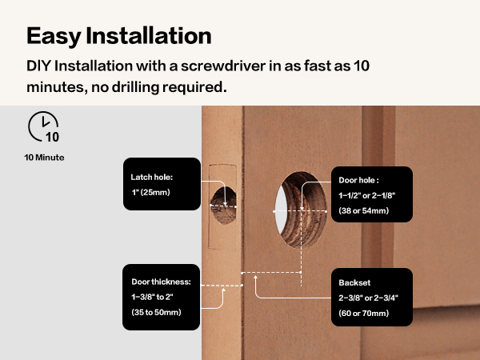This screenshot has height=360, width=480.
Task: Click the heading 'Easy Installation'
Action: pyautogui.click(x=118, y=36)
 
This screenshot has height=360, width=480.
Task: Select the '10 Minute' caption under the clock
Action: pyautogui.click(x=44, y=158)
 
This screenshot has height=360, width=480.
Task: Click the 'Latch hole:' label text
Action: pyautogui.click(x=152, y=178)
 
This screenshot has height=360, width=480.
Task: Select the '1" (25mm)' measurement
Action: pyautogui.click(x=150, y=194)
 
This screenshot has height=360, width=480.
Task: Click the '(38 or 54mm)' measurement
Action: pyautogui.click(x=363, y=211)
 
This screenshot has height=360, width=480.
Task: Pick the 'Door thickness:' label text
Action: pyautogui.click(x=161, y=282)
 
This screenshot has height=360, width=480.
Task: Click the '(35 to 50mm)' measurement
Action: pyautogui.click(x=156, y=312)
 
